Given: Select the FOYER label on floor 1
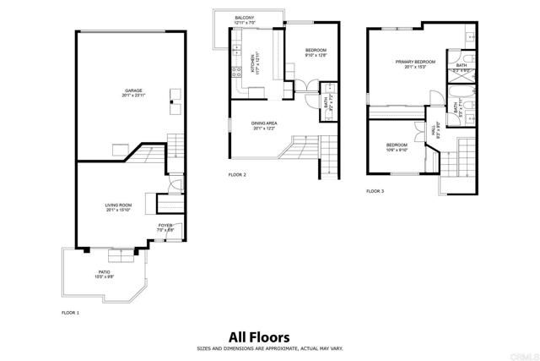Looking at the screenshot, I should pyautogui.click(x=165, y=225).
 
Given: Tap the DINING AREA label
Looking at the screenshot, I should pyautogui.click(x=264, y=123).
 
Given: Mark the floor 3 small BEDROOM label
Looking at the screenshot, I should pyautogui.click(x=397, y=145).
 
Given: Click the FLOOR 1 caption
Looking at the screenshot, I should pyautogui.click(x=70, y=313).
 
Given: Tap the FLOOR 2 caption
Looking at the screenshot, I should pyautogui.click(x=237, y=174).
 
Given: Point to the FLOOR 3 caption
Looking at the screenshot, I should pyautogui.click(x=375, y=191).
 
